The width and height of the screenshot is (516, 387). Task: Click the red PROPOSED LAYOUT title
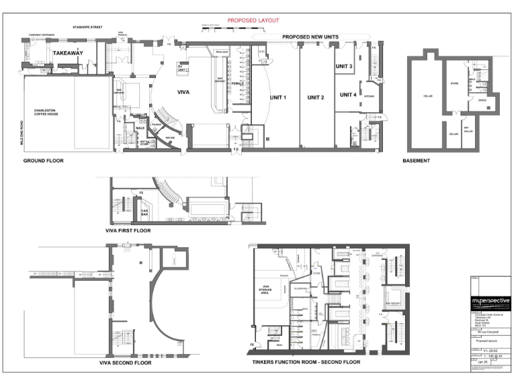tap(253, 21)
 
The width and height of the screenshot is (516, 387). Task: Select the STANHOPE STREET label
tap(87, 28)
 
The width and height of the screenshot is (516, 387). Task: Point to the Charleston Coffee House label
tap(48, 112)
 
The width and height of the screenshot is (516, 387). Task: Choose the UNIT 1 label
tap(278, 97)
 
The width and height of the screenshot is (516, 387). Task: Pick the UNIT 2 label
tap(316, 97)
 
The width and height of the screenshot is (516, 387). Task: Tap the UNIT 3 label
tap(344, 67)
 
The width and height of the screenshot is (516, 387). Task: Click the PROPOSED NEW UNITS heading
tap(310, 37)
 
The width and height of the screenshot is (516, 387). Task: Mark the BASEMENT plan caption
tap(416, 161)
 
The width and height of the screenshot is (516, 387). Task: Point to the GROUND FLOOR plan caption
tap(44, 161)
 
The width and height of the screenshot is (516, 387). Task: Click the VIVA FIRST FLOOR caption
tap(128, 230)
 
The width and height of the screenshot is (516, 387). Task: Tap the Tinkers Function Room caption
tap(306, 362)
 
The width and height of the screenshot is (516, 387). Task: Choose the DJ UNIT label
tap(181, 68)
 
